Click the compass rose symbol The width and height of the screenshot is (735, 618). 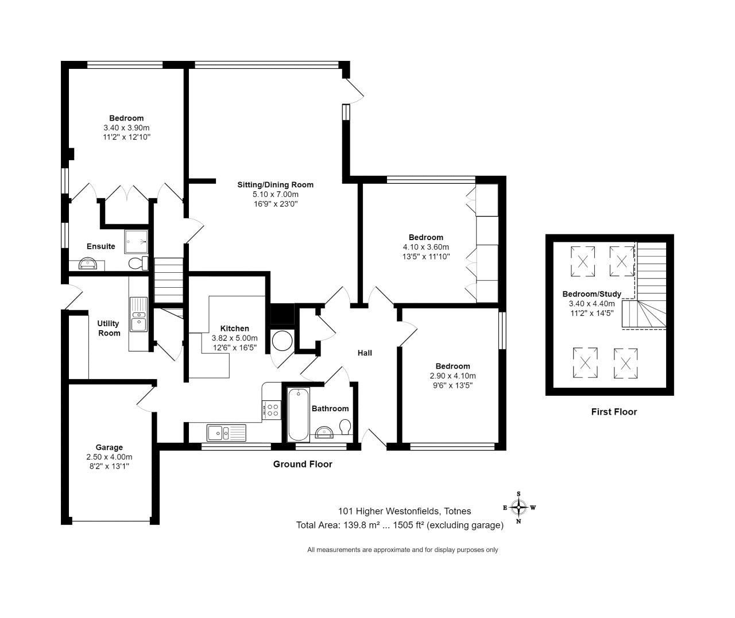[519, 507]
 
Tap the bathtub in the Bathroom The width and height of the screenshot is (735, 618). [299, 414]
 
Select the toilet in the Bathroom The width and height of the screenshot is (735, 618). [345, 428]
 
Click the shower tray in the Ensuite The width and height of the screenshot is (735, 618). [136, 242]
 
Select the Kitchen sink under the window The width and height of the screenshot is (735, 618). [226, 432]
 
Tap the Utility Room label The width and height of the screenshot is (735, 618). [109, 328]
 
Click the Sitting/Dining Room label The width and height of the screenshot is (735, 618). [276, 185]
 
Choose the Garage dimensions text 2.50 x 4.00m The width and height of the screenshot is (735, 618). [109, 457]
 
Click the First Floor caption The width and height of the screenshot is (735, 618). [614, 412]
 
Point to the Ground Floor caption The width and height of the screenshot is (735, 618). [303, 464]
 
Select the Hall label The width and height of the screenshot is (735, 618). [365, 353]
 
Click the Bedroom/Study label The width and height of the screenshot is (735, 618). [591, 294]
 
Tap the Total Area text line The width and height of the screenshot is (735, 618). [400, 525]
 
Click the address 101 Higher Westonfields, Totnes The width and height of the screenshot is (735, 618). [404, 511]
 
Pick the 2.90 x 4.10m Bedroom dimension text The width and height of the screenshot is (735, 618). [452, 376]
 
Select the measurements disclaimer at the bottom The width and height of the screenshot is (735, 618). [403, 550]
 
